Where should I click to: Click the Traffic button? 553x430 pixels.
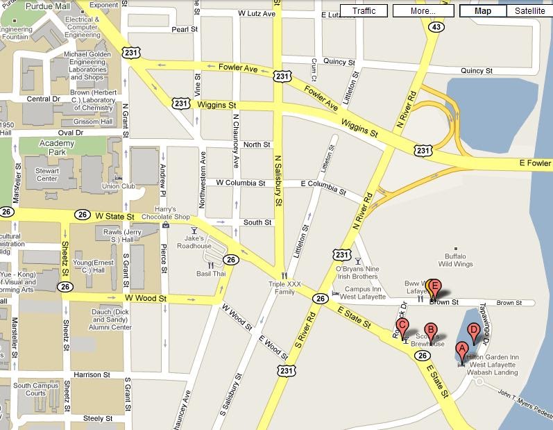tap(364, 11)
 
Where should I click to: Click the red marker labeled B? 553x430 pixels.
tap(430, 331)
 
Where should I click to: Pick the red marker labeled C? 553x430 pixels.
tap(402, 326)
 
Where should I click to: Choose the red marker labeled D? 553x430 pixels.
tap(474, 331)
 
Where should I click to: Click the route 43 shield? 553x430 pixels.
tap(436, 27)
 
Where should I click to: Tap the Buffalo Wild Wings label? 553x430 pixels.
tap(454, 260)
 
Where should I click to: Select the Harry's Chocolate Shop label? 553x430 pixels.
tap(166, 213)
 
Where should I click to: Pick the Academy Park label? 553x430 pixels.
tap(36, 147)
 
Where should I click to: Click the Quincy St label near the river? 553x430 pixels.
tap(476, 71)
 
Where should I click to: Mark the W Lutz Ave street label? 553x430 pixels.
tap(256, 13)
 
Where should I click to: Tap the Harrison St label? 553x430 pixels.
tap(92, 374)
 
